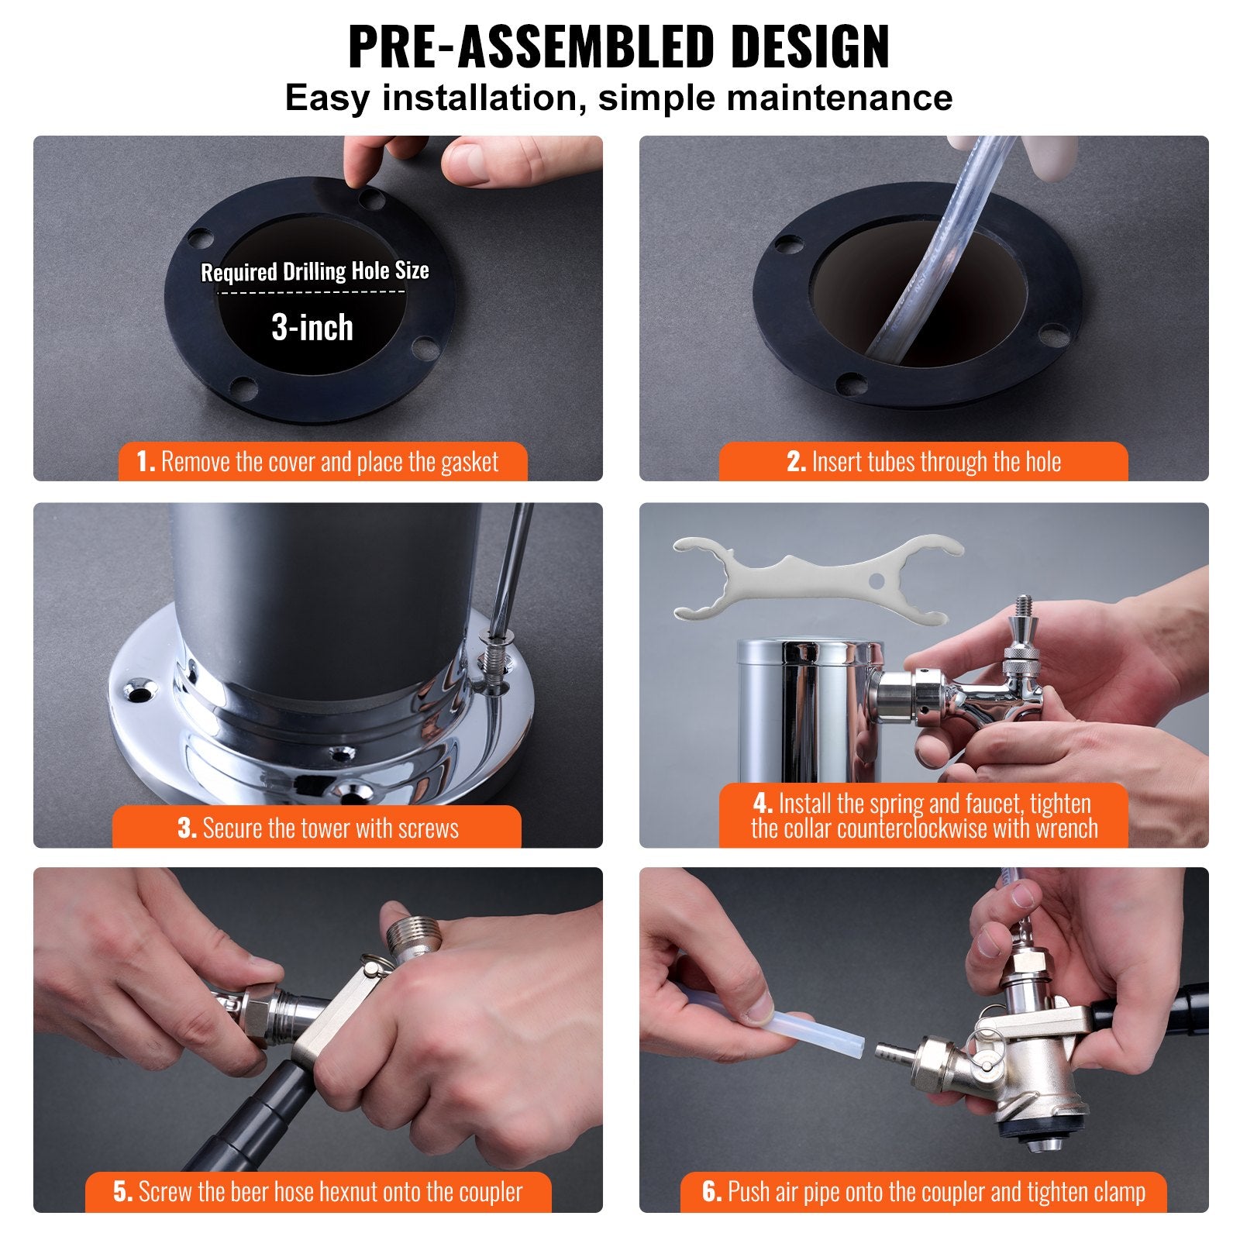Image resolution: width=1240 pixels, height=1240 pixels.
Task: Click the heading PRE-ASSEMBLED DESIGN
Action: pos(618,48)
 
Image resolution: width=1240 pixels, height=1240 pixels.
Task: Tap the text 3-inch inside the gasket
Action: pos(312,328)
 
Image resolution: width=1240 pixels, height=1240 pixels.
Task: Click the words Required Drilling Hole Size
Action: pos(315,271)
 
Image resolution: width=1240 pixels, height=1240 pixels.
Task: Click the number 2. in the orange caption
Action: pos(797,463)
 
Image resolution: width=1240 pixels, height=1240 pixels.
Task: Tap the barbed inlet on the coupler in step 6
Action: pos(893,1052)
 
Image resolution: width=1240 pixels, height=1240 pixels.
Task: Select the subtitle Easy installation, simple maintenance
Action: pos(618,98)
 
